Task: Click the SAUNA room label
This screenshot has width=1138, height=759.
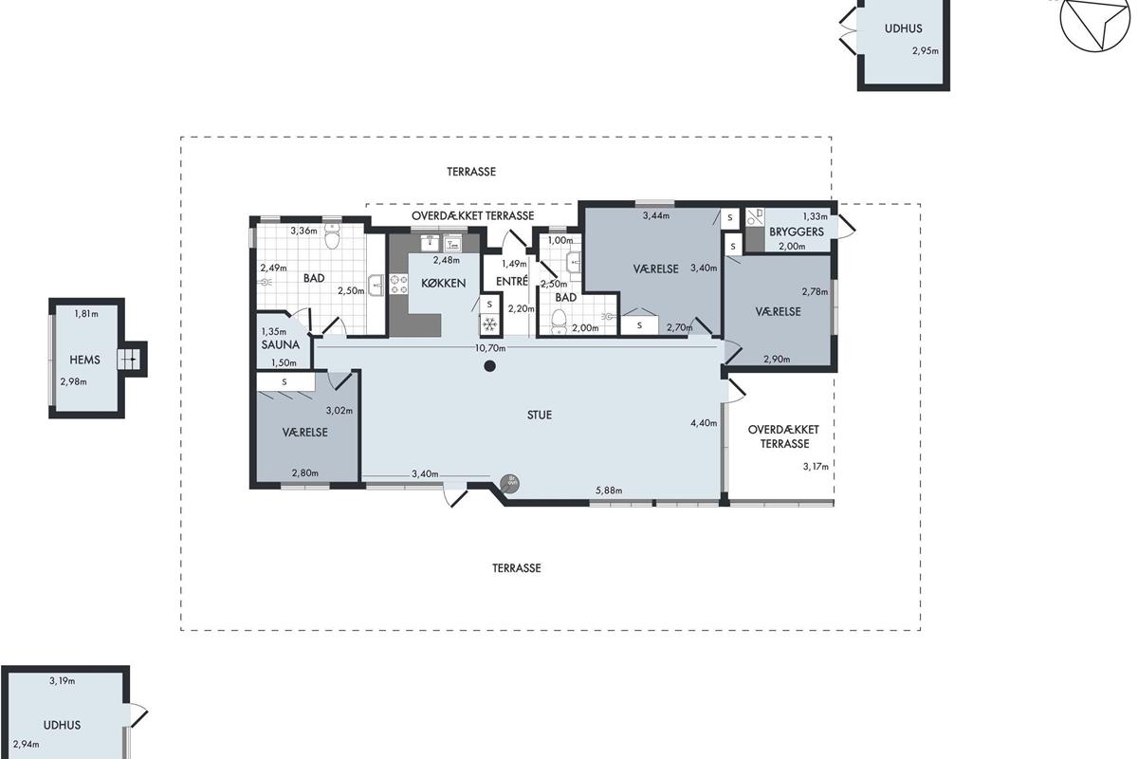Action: tap(280, 344)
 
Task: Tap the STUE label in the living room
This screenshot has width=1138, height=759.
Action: tap(539, 415)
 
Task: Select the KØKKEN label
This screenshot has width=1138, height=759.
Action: tap(443, 283)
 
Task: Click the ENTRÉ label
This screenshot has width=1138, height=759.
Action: tap(511, 281)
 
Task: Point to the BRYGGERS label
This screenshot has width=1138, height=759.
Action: tap(796, 231)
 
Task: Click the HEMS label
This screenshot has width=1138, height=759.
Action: tap(84, 360)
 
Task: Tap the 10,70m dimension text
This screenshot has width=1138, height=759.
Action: tap(489, 348)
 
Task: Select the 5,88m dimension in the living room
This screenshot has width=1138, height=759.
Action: tap(609, 491)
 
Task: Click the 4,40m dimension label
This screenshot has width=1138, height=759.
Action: tap(704, 423)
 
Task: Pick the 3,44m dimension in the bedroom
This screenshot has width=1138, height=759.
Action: tap(656, 215)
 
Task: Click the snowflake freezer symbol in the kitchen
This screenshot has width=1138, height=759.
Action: tap(489, 324)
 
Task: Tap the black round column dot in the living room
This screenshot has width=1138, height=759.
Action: tap(489, 366)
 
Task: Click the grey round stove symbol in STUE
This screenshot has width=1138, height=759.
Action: tap(509, 484)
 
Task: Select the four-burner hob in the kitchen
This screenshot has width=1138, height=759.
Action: tap(398, 285)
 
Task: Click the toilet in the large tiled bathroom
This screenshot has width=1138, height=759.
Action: tap(332, 236)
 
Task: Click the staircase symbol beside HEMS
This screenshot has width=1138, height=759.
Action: tap(127, 360)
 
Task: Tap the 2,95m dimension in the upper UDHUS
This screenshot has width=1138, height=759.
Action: tap(926, 51)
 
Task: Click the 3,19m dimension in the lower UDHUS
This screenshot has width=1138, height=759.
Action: tap(62, 680)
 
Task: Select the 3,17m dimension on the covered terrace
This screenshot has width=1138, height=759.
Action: tap(816, 466)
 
